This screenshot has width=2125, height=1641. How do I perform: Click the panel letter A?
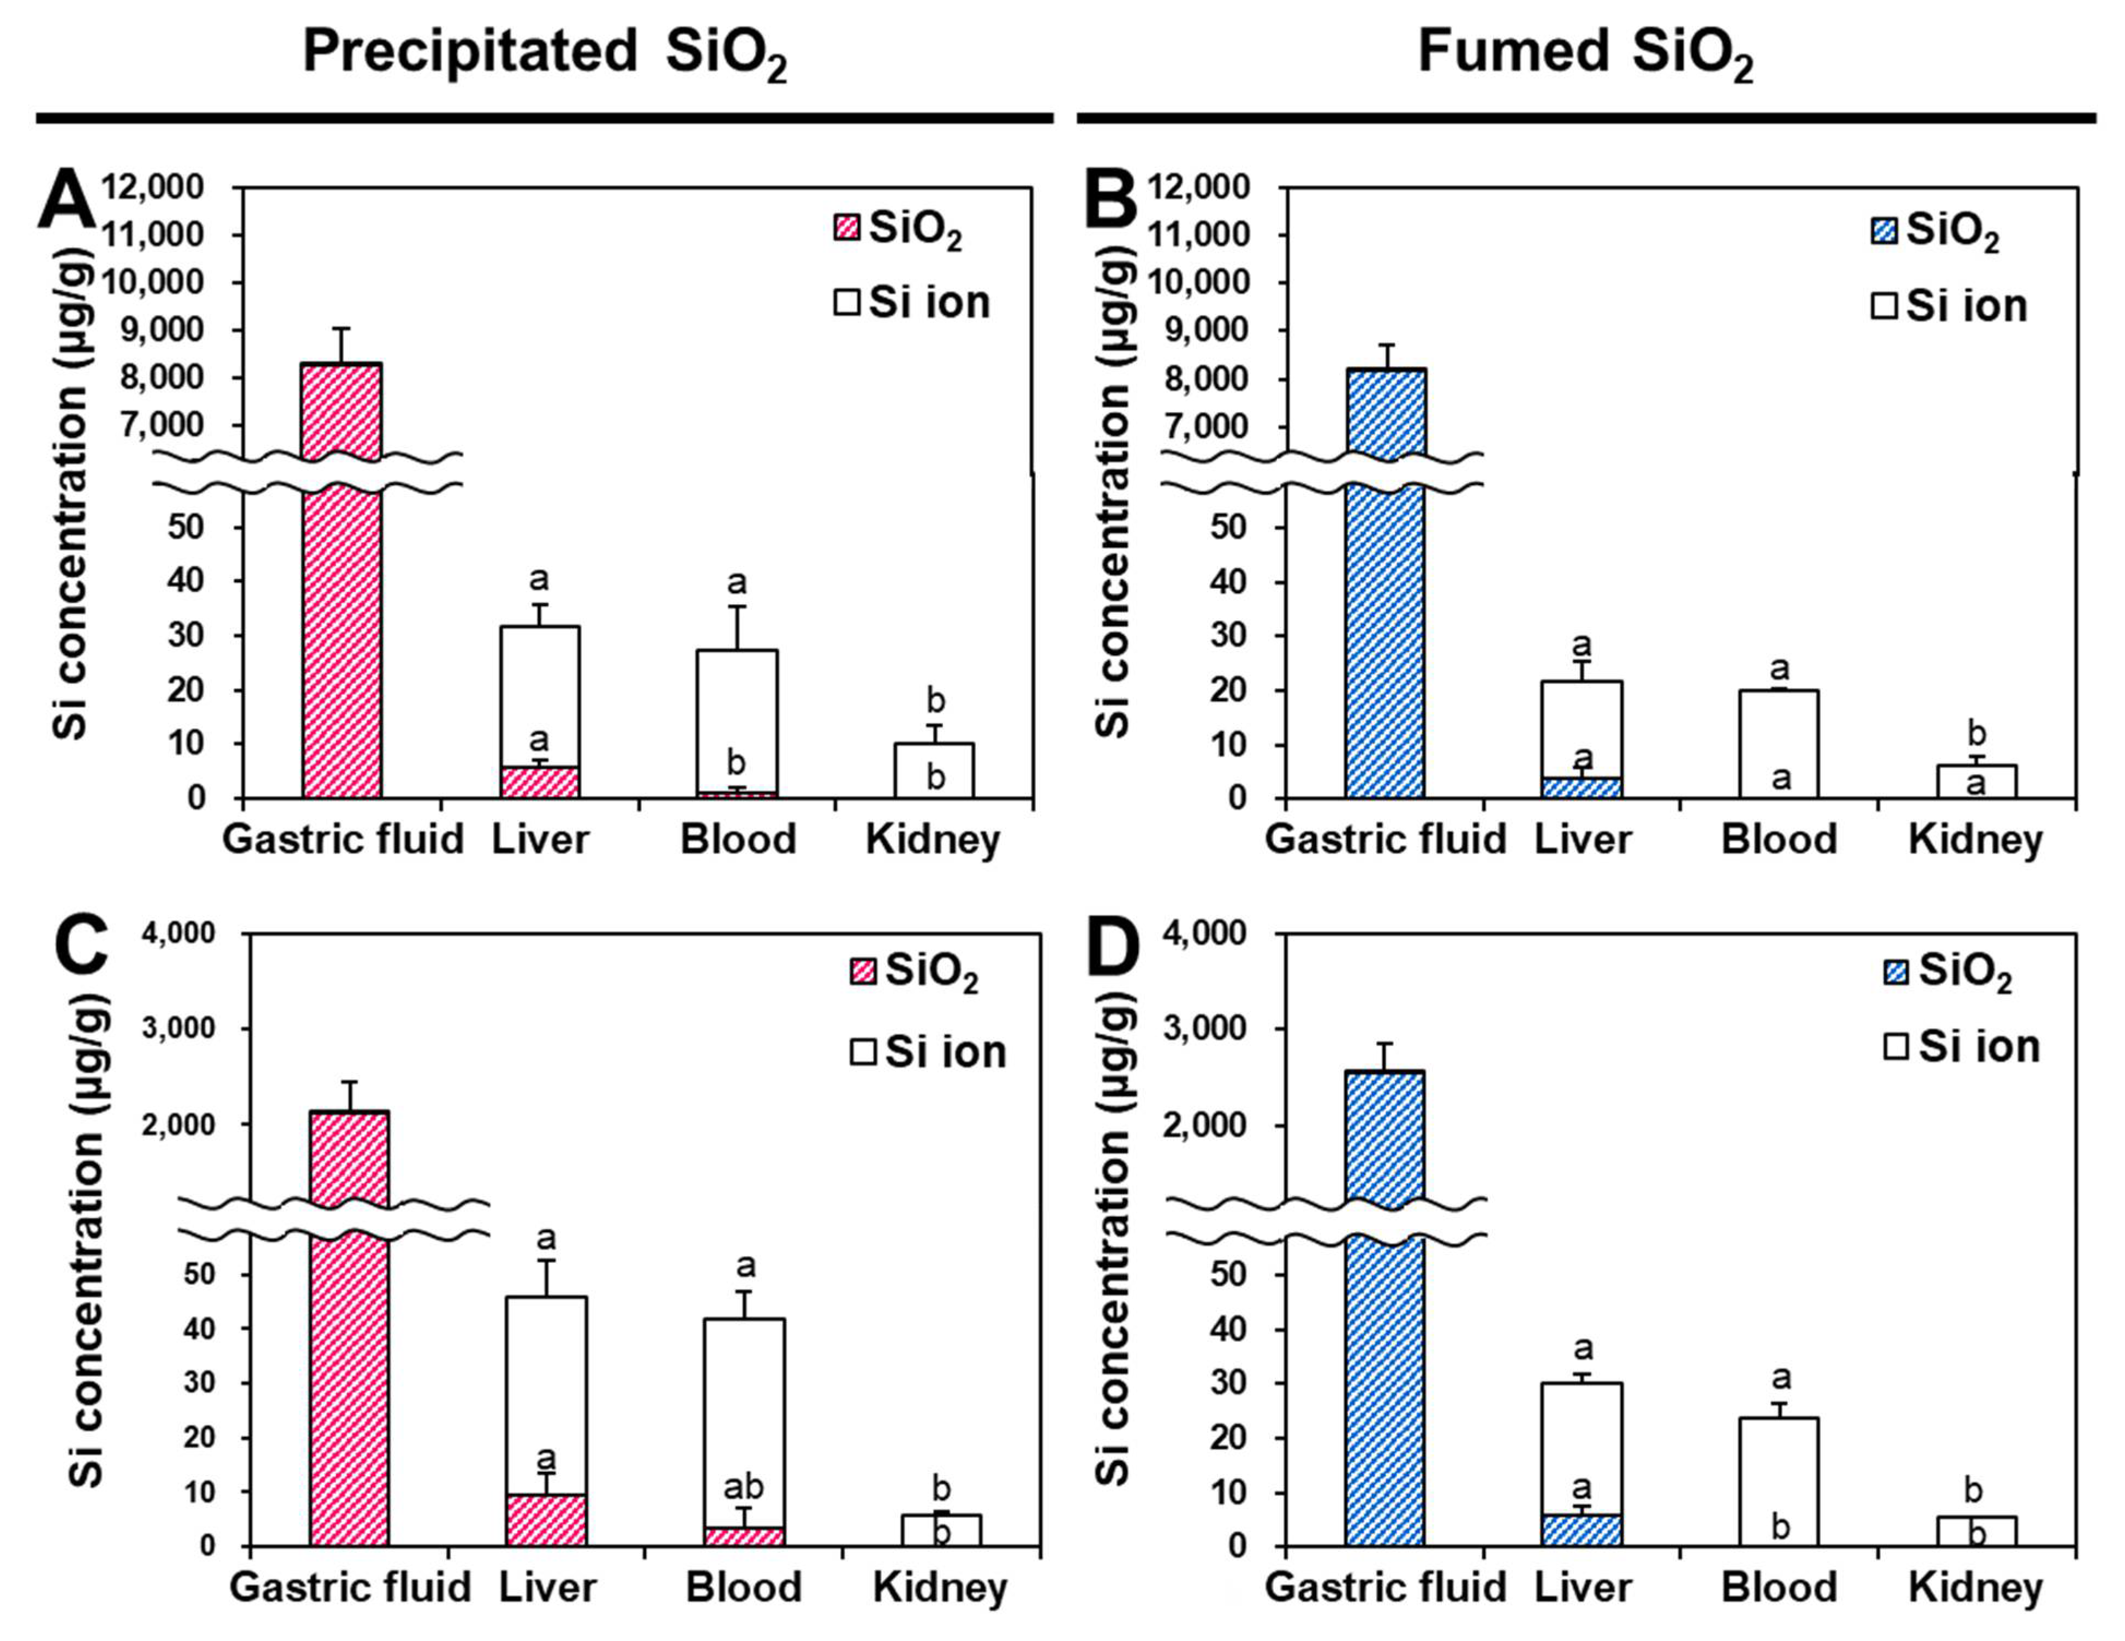click(66, 199)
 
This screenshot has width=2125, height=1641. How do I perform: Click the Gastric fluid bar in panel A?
click(342, 583)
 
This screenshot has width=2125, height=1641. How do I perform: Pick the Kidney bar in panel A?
click(934, 771)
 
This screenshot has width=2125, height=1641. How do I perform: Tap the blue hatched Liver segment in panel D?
click(1582, 1529)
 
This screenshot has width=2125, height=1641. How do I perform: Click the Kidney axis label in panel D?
click(1975, 1589)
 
